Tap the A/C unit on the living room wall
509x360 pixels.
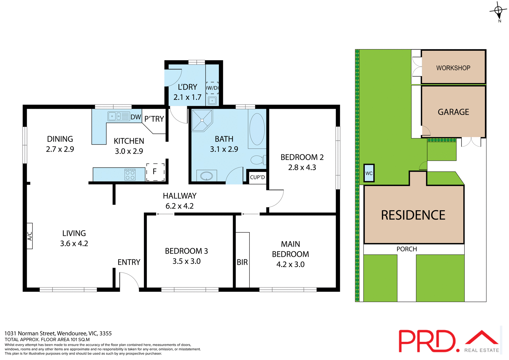pyautogui.click(x=30, y=236)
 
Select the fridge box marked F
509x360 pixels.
pyautogui.click(x=155, y=172)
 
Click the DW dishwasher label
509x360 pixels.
pyautogui.click(x=136, y=117)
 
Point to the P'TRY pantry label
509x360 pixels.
pyautogui.click(x=154, y=119)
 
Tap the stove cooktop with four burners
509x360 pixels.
pyautogui.click(x=130, y=175)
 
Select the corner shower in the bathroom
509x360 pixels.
pyautogui.click(x=202, y=120)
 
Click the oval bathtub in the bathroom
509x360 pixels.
pyautogui.click(x=257, y=129)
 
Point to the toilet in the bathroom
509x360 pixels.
pyautogui.click(x=257, y=160)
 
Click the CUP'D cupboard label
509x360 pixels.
pyautogui.click(x=257, y=177)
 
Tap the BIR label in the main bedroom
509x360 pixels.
pyautogui.click(x=242, y=262)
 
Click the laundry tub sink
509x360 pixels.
pyautogui.click(x=212, y=101)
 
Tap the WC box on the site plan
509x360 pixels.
pyautogui.click(x=369, y=173)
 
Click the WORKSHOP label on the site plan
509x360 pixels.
pyautogui.click(x=453, y=68)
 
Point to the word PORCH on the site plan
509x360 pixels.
pyautogui.click(x=407, y=249)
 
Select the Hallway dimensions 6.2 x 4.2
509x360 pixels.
pyautogui.click(x=179, y=206)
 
